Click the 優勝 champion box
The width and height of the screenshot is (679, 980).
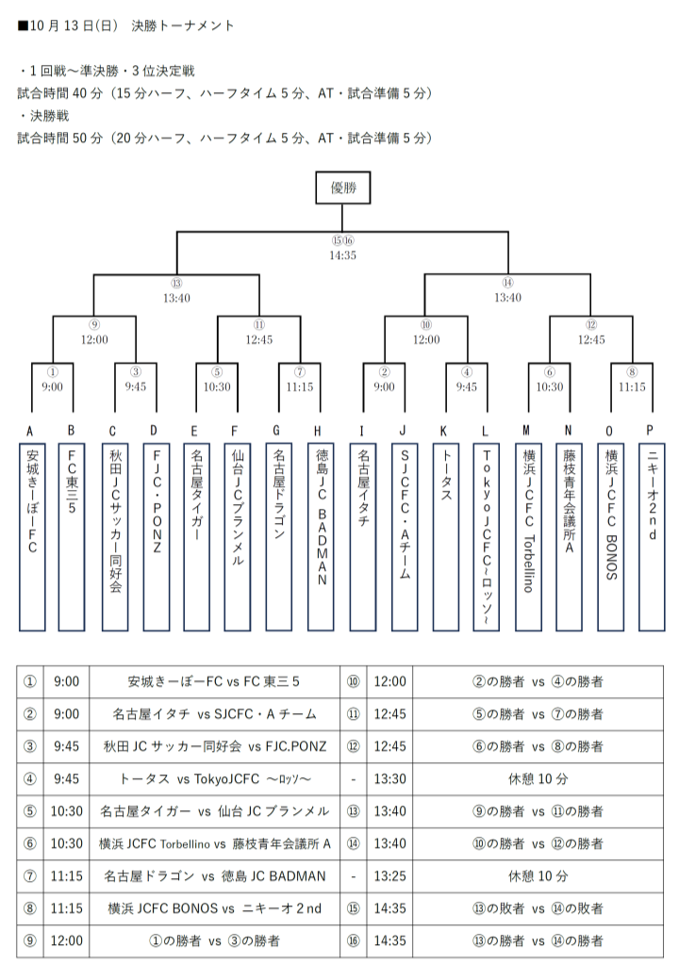tap(342, 188)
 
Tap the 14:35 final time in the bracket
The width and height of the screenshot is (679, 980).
tap(342, 255)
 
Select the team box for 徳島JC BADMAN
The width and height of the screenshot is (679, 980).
tap(322, 537)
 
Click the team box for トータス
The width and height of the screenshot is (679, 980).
tap(445, 537)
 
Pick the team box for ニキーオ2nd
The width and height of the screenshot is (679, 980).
tap(652, 537)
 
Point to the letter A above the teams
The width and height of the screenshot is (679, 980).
tap(29, 432)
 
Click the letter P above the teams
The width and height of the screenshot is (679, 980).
tap(650, 430)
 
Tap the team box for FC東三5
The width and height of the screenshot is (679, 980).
tap(72, 537)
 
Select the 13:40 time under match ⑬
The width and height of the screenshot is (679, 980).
tap(176, 298)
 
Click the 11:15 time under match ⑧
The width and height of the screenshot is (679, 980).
tap(632, 387)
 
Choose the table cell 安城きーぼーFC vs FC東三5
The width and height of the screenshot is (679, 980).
tap(214, 682)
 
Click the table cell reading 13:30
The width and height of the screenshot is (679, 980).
tap(390, 778)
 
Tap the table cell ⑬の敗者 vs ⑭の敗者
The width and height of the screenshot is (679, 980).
tap(538, 908)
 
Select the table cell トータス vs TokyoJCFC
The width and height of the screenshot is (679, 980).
tap(214, 778)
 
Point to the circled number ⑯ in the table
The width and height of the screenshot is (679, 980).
tap(354, 940)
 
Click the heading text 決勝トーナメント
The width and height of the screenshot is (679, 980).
tap(183, 25)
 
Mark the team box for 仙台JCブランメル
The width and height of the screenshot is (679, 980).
tap(238, 537)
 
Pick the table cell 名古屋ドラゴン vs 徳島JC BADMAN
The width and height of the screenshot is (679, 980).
tap(214, 876)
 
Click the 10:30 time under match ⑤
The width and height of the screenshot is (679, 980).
tap(217, 387)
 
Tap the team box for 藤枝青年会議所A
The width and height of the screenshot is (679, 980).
tap(569, 537)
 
